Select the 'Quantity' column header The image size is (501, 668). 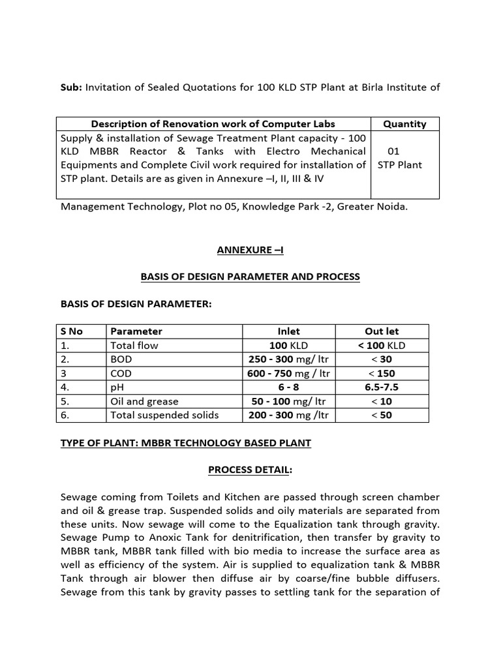pyautogui.click(x=404, y=124)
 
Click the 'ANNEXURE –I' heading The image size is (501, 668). pyautogui.click(x=250, y=250)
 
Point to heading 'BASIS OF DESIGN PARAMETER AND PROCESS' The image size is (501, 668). pyautogui.click(x=250, y=277)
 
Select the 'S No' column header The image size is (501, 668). pyautogui.click(x=72, y=331)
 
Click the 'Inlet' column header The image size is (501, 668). pyautogui.click(x=289, y=331)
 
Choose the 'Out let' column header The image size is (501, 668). pyautogui.click(x=382, y=331)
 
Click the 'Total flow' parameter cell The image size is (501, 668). pyautogui.click(x=134, y=345)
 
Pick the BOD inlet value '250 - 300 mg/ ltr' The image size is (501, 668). pyautogui.click(x=289, y=359)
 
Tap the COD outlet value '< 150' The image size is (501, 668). pyautogui.click(x=382, y=373)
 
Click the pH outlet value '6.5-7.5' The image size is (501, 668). pyautogui.click(x=382, y=387)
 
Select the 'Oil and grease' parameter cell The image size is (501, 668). pyautogui.click(x=144, y=401)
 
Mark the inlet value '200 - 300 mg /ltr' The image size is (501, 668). pyautogui.click(x=289, y=415)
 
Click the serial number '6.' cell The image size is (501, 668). pyautogui.click(x=65, y=415)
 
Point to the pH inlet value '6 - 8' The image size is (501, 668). pyautogui.click(x=289, y=387)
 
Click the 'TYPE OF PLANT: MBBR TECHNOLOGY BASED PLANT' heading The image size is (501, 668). pyautogui.click(x=186, y=443)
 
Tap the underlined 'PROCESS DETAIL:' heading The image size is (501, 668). pyautogui.click(x=250, y=470)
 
